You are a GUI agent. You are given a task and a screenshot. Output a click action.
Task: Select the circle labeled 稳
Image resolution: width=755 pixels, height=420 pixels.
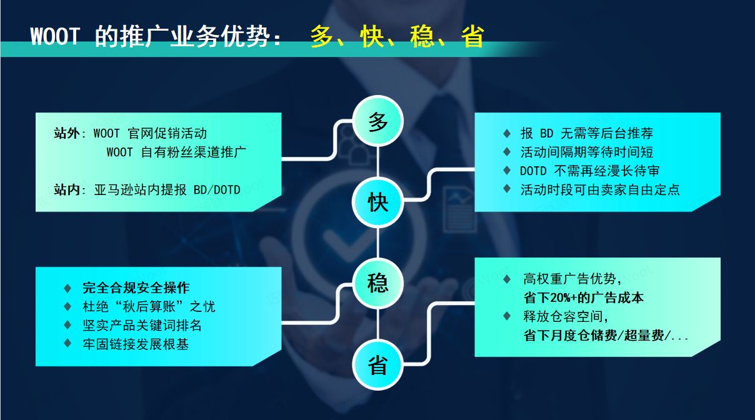(x=378, y=284)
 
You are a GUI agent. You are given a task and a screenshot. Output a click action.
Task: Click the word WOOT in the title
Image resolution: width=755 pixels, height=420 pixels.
(x=55, y=37)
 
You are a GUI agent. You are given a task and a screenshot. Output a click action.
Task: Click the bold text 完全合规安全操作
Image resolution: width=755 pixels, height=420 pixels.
(x=136, y=288)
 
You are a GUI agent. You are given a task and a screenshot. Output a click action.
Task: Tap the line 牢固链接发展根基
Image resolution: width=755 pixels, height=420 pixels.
(x=136, y=344)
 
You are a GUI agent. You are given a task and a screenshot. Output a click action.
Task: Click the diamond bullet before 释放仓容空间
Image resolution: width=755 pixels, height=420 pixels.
(x=507, y=317)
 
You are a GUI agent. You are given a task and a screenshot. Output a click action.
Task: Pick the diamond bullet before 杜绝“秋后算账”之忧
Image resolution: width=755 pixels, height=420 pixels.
(x=67, y=307)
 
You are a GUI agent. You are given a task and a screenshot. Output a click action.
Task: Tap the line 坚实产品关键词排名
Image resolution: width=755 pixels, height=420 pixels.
(x=142, y=326)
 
